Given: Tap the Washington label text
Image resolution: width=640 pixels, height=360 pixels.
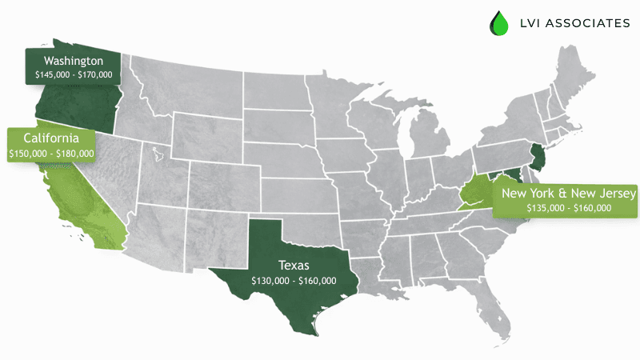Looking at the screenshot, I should point(73,61).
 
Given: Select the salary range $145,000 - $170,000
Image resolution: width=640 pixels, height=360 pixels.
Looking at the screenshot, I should point(73,74).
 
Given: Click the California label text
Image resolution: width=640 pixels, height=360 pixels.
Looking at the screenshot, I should point(50,138).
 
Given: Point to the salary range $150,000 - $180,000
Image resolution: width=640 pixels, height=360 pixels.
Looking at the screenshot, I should point(50,153).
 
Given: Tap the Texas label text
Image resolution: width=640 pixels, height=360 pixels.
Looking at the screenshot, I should point(294,265).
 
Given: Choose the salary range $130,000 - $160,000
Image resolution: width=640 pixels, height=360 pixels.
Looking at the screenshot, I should point(294,281).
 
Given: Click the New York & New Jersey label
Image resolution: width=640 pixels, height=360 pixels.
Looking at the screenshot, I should point(568,194).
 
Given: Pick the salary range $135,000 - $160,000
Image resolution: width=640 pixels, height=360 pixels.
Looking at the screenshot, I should point(569,208).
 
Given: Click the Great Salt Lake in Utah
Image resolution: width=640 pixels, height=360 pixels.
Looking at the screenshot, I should point(156,150).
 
